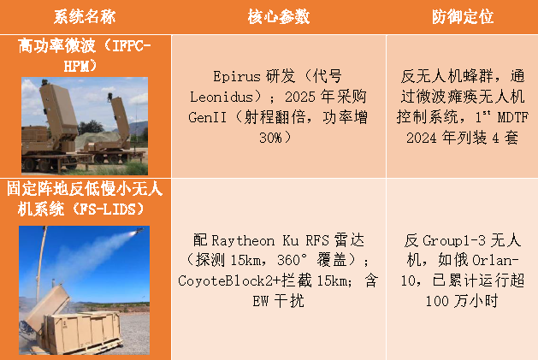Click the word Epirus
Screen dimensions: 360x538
[235, 74]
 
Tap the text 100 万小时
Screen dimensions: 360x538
[462, 301]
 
